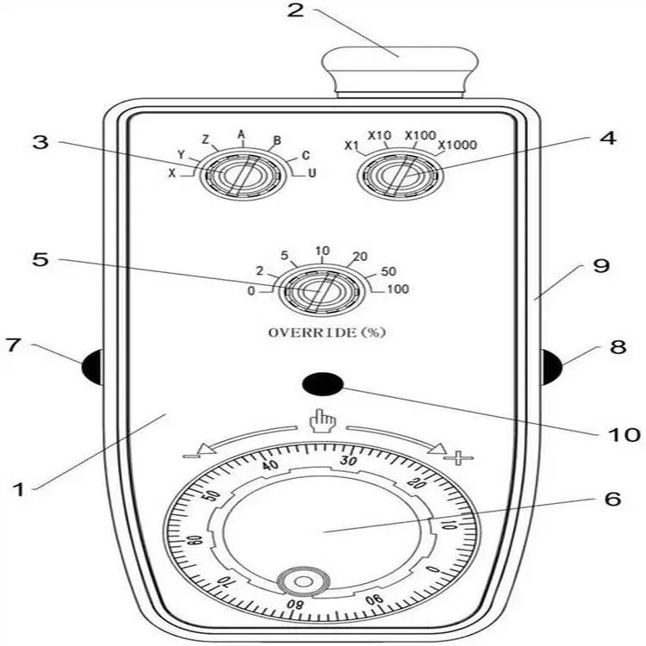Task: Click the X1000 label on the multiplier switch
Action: click(457, 145)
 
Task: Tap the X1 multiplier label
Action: click(351, 146)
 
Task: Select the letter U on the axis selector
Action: click(312, 173)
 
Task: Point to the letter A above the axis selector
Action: click(241, 134)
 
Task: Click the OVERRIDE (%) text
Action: click(327, 332)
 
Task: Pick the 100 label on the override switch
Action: click(398, 289)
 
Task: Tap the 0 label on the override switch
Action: click(252, 291)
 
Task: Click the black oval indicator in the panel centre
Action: click(323, 383)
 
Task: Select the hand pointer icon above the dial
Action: click(323, 420)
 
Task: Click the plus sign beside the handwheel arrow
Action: click(458, 457)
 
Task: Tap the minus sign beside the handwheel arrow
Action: click(190, 456)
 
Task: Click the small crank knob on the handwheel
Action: click(304, 581)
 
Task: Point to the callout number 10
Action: click(624, 434)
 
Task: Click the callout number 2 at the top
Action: click(295, 9)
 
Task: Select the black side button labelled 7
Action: click(92, 367)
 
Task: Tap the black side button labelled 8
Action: click(551, 367)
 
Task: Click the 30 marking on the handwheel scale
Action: click(349, 460)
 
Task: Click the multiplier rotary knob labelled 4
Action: click(400, 175)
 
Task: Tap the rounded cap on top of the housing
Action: click(400, 71)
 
